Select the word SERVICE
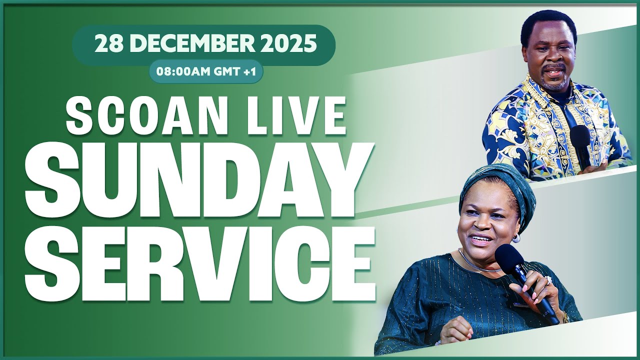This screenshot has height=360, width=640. coord(200,263)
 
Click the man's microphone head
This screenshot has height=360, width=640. coord(580,136)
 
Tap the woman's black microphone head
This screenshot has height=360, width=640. coord(509,257)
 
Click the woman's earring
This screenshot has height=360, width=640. coord(515,239)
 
